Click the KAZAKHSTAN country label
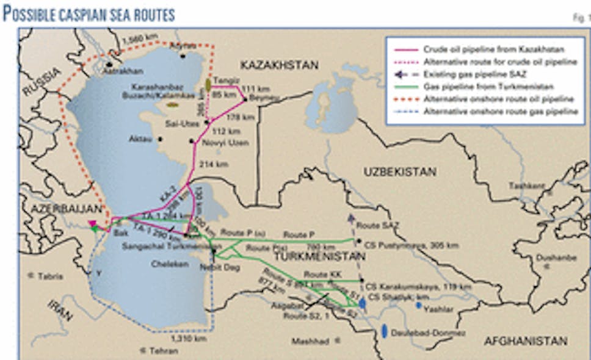coord(279,65)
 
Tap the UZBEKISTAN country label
coord(400,172)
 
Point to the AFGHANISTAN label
coord(526,341)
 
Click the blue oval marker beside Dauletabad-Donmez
coord(384,331)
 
